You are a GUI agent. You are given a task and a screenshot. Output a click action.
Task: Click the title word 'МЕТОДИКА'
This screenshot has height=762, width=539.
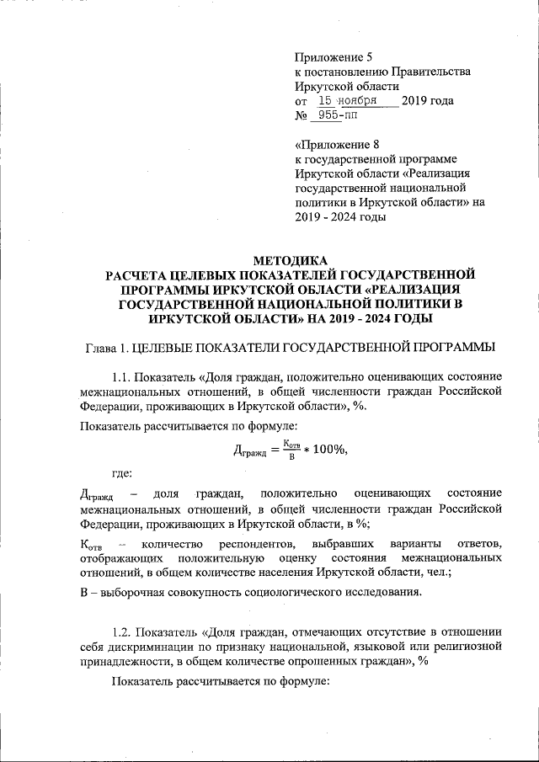pyautogui.click(x=290, y=260)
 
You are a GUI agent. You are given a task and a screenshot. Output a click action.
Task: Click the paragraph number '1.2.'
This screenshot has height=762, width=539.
pyautogui.click(x=125, y=631)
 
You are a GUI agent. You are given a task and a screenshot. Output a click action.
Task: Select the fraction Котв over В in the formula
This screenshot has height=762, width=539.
pyautogui.click(x=290, y=449)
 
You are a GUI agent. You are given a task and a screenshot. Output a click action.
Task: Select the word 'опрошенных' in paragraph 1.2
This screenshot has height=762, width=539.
pyautogui.click(x=307, y=662)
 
